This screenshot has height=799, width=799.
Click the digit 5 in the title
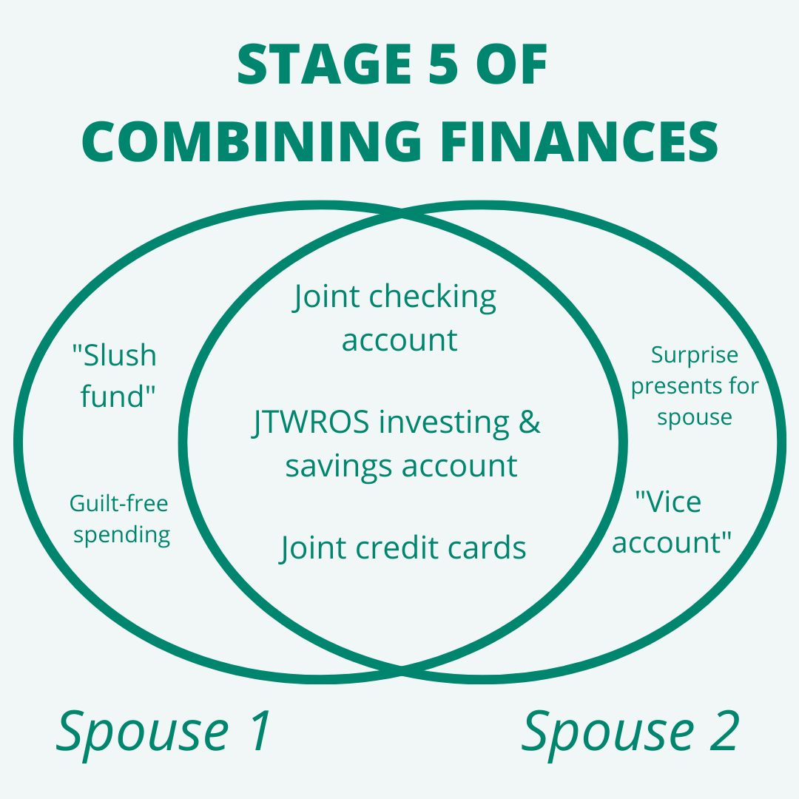(x=443, y=64)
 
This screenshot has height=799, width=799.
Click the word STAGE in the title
(x=325, y=64)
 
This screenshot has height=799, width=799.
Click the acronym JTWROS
(x=310, y=422)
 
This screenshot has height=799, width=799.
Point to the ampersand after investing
(x=530, y=422)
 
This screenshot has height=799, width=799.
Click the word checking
(x=432, y=297)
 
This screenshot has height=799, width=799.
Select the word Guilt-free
(x=118, y=504)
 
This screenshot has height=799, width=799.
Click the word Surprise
(x=695, y=356)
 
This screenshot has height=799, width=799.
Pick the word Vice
(x=669, y=502)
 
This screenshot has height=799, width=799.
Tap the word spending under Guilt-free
(x=121, y=536)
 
